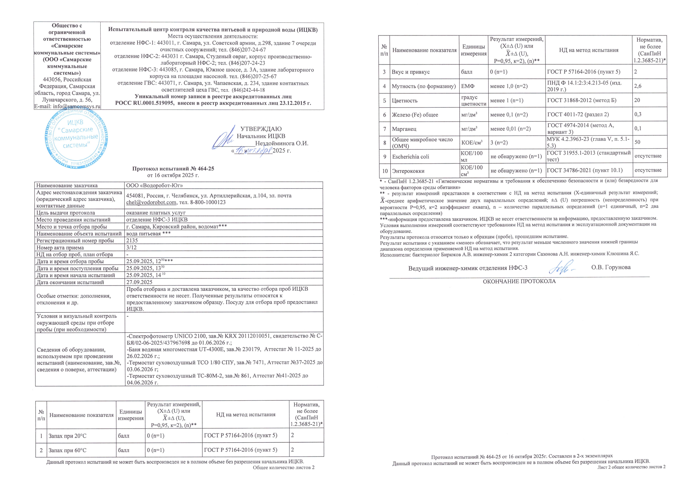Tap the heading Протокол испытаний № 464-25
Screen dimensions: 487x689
point(173,169)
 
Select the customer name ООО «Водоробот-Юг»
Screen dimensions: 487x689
point(154,185)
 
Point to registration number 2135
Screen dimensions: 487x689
point(132,241)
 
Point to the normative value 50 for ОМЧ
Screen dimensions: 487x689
point(637,142)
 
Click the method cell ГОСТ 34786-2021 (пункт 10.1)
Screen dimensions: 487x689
point(585,170)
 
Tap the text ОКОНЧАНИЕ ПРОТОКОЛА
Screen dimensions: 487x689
point(519,281)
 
